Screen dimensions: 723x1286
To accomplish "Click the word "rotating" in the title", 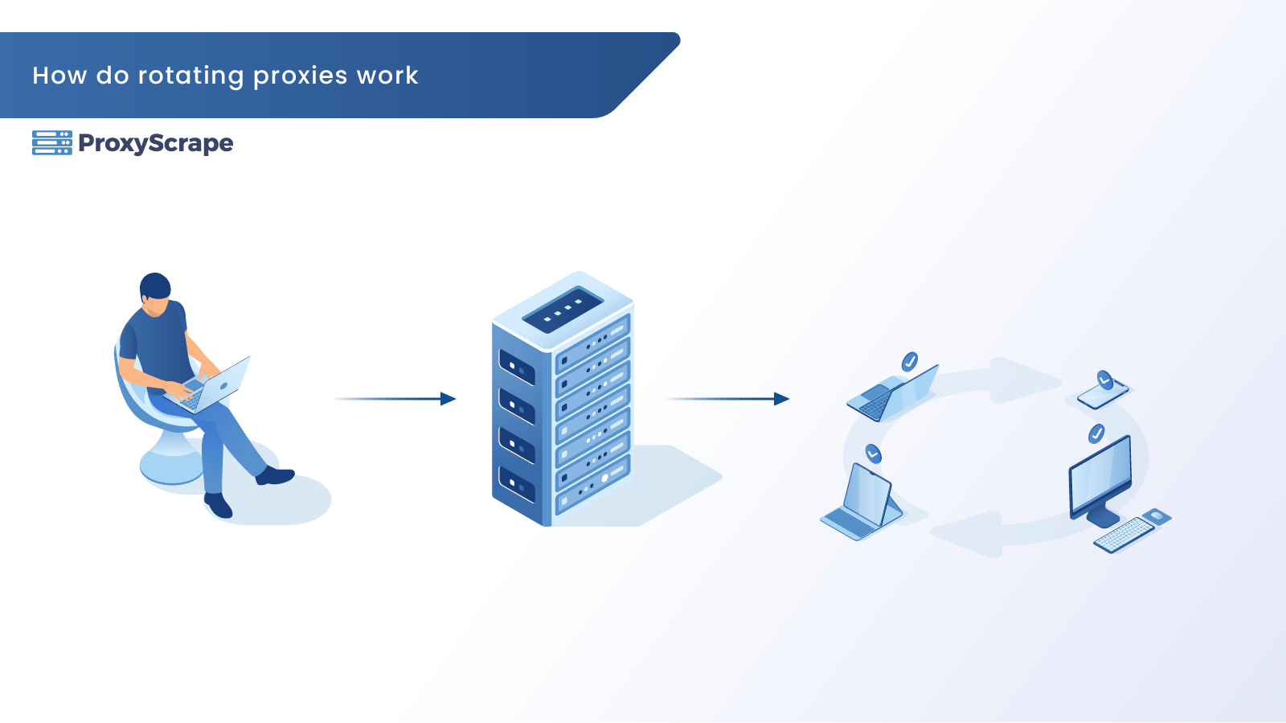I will (x=190, y=76).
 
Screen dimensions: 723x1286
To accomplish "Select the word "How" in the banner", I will (x=59, y=76).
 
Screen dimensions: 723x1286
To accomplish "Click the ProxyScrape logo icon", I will (x=52, y=142).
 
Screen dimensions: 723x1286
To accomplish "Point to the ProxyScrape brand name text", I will (x=156, y=143).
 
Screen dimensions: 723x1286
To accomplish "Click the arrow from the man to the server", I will (x=394, y=399).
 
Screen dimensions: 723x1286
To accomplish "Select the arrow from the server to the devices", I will (x=727, y=399).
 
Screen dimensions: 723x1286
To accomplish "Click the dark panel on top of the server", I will (x=563, y=309).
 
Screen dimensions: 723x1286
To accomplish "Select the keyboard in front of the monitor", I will (x=1124, y=534).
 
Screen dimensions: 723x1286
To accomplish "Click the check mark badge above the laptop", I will (x=910, y=361).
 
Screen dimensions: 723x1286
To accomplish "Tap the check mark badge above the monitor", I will (x=1096, y=434).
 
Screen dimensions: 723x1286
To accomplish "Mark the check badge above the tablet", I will (x=874, y=454).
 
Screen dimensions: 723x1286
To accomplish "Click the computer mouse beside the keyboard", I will (x=1157, y=516).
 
